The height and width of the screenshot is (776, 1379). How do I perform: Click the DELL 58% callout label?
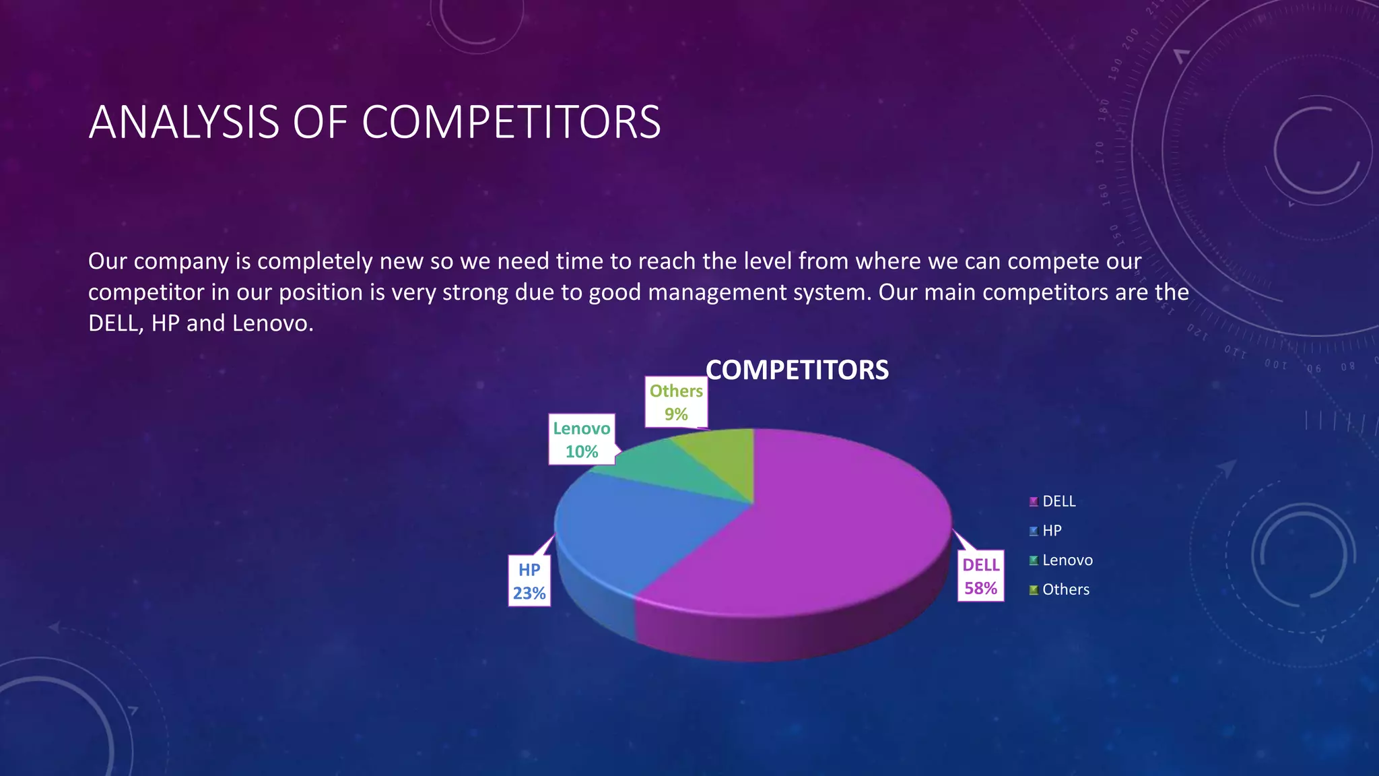point(980,577)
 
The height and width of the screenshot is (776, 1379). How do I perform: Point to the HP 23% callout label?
point(529,581)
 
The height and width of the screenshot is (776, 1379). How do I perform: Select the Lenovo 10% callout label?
point(582,440)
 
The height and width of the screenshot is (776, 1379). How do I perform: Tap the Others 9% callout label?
point(676,402)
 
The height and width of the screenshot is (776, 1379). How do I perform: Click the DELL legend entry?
point(1058,501)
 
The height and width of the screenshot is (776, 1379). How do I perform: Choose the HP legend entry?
point(1051,531)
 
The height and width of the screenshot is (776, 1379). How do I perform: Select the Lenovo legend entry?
point(1067,560)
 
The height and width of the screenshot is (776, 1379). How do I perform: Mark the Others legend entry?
point(1065,589)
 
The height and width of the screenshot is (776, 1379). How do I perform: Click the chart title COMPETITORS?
point(797,370)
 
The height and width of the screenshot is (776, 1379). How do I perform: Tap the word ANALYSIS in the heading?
point(184,123)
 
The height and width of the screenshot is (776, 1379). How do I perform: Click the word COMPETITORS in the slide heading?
point(511,123)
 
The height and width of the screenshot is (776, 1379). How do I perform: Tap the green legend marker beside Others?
point(1034,590)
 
